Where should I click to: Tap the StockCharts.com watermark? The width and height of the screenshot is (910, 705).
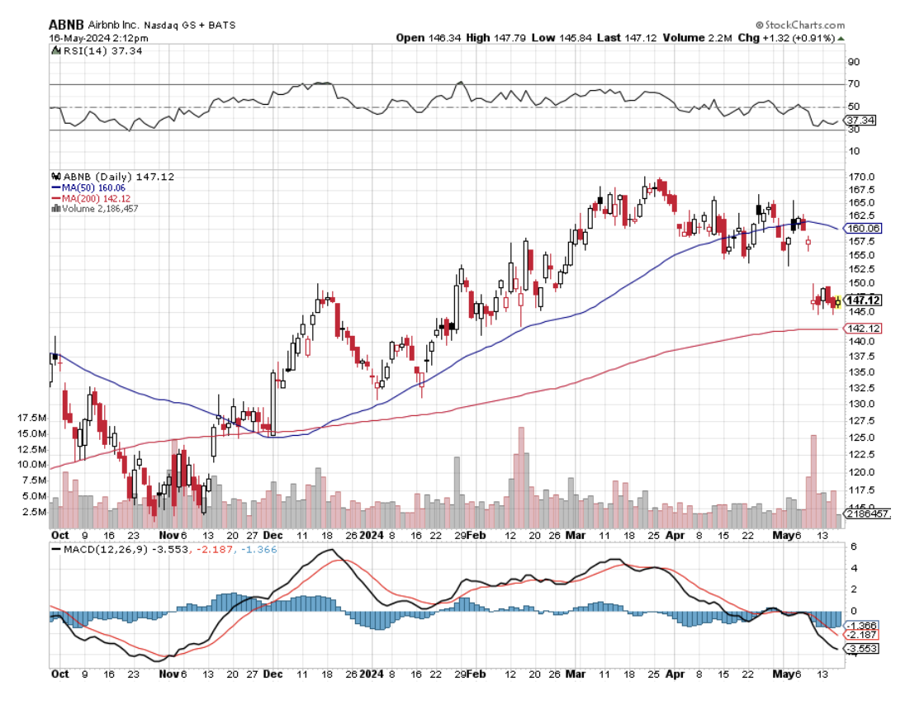click(x=800, y=25)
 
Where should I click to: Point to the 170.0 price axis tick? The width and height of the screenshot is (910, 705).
click(x=862, y=177)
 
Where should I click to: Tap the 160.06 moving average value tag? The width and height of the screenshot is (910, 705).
click(x=864, y=229)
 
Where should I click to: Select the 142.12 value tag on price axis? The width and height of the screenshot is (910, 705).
click(x=863, y=329)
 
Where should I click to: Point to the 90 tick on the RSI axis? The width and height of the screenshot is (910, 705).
click(x=853, y=62)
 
